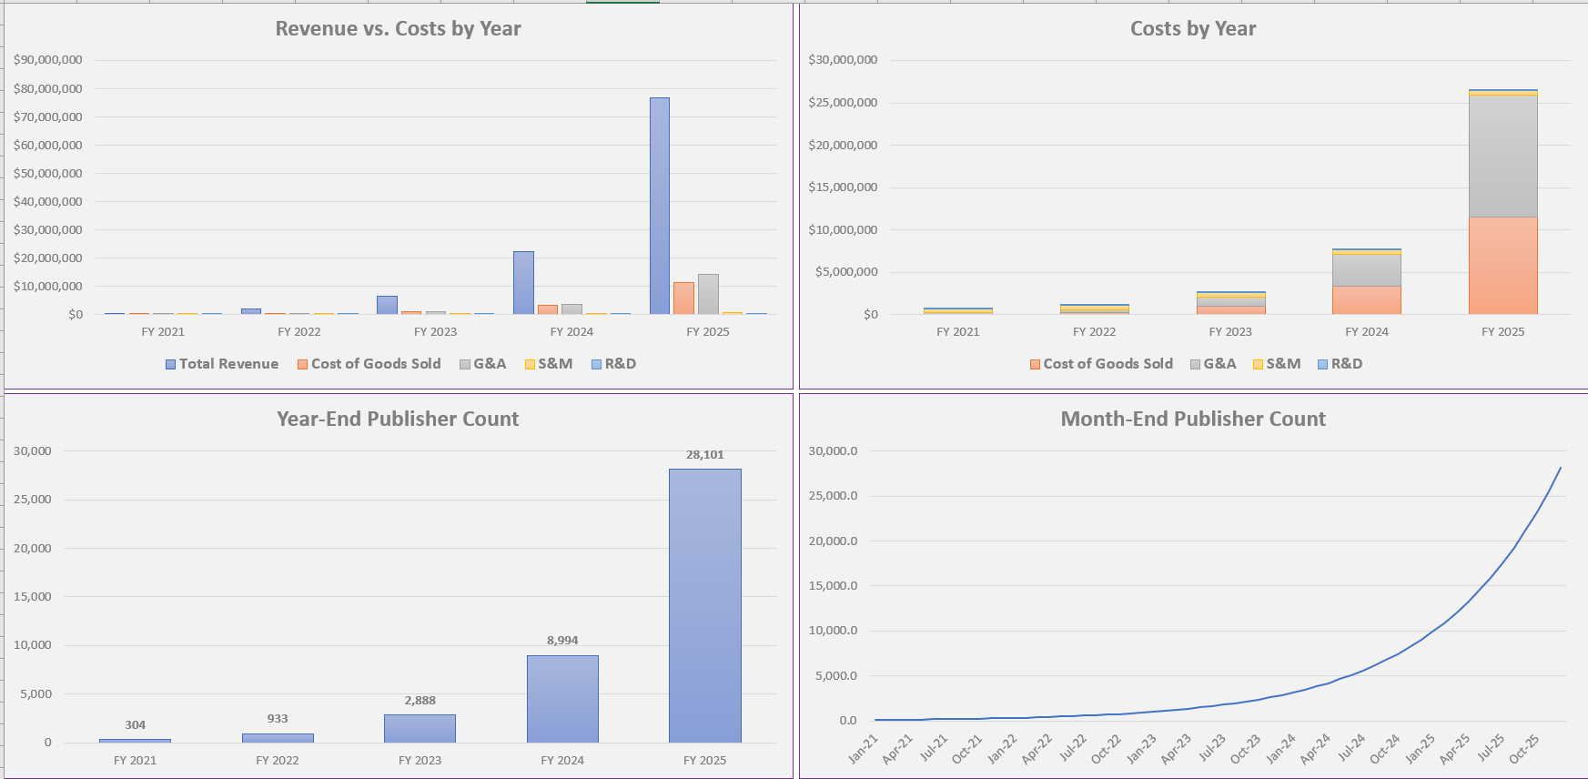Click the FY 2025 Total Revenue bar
click(x=660, y=206)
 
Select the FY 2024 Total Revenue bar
click(x=523, y=283)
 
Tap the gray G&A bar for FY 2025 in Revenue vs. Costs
click(x=708, y=294)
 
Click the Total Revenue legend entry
click(x=222, y=364)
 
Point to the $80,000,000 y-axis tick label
click(x=48, y=88)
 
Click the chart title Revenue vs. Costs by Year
click(x=398, y=29)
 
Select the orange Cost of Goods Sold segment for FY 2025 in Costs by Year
click(x=1502, y=266)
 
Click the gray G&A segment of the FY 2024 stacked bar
click(x=1367, y=270)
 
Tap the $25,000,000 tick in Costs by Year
click(x=843, y=102)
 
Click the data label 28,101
click(x=704, y=455)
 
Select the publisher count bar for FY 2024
click(x=562, y=698)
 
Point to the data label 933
click(x=278, y=719)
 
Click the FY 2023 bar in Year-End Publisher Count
click(x=420, y=728)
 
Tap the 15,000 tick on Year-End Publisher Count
click(x=33, y=597)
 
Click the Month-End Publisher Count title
click(x=1192, y=420)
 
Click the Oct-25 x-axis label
click(x=1524, y=748)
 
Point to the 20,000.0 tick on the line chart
click(x=833, y=541)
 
